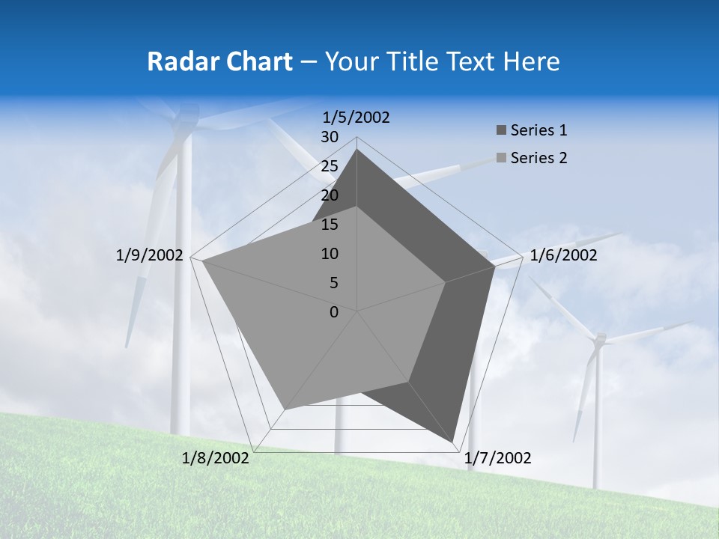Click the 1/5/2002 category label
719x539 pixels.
[x=357, y=117]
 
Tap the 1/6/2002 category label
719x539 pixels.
[x=563, y=255]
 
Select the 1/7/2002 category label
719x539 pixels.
[x=498, y=458]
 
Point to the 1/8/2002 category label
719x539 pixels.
[x=216, y=458]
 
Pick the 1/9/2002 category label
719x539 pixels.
[x=150, y=255]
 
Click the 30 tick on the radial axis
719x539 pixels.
[x=330, y=137]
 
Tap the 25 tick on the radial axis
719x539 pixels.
[x=330, y=166]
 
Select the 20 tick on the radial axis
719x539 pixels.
[x=330, y=195]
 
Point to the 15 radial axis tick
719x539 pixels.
[x=330, y=225]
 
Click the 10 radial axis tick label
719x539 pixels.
[x=330, y=254]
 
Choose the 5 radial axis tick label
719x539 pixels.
[x=333, y=283]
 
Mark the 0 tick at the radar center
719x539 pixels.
[x=334, y=312]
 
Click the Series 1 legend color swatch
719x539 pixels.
[x=501, y=130]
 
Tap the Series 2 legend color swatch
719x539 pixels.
[x=501, y=158]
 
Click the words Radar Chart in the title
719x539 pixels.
[x=219, y=61]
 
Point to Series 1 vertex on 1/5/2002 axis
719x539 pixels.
[x=357, y=149]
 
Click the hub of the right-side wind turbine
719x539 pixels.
[x=598, y=340]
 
